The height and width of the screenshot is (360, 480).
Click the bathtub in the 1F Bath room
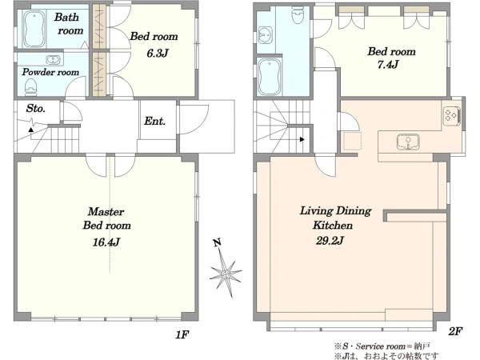(x=34, y=30)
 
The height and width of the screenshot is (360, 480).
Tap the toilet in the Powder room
(x=30, y=86)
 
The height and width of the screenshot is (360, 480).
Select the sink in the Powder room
(x=54, y=60)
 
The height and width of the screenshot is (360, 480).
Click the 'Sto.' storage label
(x=35, y=108)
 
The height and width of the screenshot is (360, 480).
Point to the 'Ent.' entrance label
(x=154, y=122)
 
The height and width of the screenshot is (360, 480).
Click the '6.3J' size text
(x=158, y=54)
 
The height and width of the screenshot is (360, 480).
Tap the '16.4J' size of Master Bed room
(x=106, y=242)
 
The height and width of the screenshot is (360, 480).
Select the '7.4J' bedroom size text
(x=388, y=65)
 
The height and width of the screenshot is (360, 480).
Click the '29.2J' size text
(x=330, y=241)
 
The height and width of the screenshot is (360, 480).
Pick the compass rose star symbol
(x=226, y=273)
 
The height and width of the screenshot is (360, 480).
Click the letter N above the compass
(x=217, y=243)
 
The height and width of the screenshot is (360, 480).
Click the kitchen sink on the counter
(x=408, y=142)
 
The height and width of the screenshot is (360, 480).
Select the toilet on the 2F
(x=298, y=15)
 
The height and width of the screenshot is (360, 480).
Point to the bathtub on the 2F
(x=269, y=77)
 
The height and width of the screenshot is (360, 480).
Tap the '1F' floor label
(x=182, y=335)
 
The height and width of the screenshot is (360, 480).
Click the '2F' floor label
(x=455, y=331)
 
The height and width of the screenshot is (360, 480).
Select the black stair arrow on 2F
(x=302, y=139)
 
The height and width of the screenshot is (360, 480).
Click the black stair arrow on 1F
(x=30, y=130)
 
